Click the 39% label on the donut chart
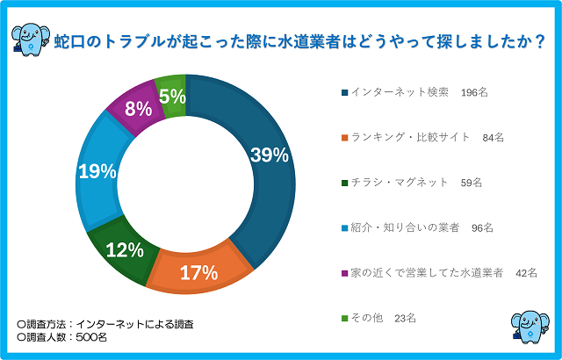270,155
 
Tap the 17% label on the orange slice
198,272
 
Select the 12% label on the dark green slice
125,250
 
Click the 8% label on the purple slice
136,110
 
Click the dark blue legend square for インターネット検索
342,91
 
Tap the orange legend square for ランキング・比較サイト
342,137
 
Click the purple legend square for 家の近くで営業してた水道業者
342,273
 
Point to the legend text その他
366,319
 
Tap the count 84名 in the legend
493,137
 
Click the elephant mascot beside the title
31,35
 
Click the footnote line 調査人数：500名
62,337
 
